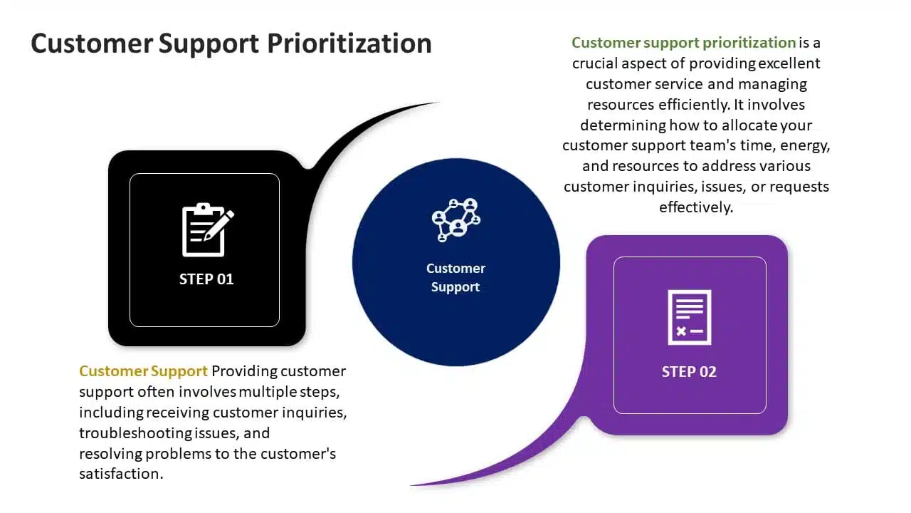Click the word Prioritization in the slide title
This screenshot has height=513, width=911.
(x=349, y=44)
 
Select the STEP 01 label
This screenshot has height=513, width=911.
(x=206, y=279)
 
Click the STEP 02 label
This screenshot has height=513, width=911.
(x=689, y=372)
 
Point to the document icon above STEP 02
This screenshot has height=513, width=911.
(x=690, y=317)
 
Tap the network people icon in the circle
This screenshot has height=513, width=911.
(x=456, y=220)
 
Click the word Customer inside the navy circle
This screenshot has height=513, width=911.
(x=456, y=269)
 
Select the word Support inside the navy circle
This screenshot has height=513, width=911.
(x=455, y=287)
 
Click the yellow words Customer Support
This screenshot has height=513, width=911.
(x=143, y=371)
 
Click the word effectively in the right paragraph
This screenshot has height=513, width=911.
(x=696, y=207)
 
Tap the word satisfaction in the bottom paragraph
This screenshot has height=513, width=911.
(x=121, y=474)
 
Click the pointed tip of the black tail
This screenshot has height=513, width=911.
(x=439, y=102)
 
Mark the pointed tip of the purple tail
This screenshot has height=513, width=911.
(x=411, y=485)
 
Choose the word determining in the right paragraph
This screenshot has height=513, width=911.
(x=623, y=125)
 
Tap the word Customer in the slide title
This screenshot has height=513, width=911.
(x=92, y=44)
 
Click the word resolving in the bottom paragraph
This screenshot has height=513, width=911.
(x=110, y=454)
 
